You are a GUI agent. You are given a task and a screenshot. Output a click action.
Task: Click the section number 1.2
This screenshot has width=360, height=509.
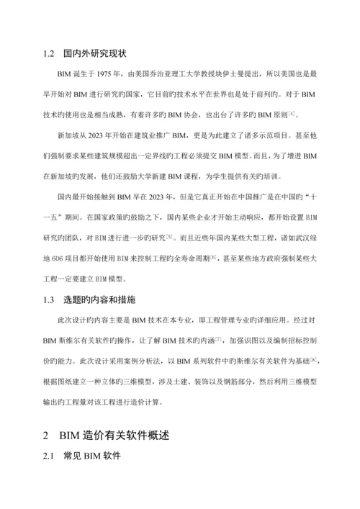pos(49,53)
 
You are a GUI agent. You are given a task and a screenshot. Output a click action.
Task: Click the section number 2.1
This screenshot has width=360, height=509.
pos(49,457)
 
